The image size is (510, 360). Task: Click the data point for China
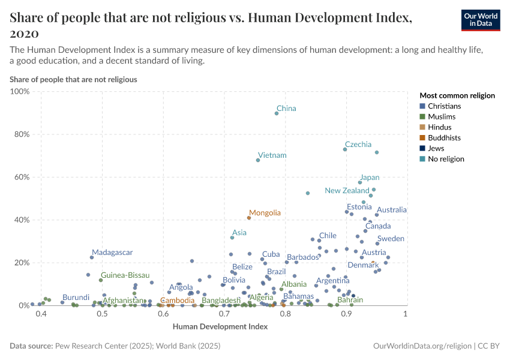[x=277, y=113]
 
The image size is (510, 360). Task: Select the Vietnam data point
[x=258, y=160]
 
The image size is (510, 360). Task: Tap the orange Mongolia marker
[x=249, y=218]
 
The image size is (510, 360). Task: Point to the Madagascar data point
[x=92, y=257]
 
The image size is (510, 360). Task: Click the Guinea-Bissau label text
[x=125, y=275]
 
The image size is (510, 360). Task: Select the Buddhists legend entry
[x=445, y=138]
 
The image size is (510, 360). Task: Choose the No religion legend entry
[x=445, y=159]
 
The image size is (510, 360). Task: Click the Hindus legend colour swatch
[x=423, y=127]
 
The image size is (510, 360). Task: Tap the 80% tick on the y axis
[x=22, y=134]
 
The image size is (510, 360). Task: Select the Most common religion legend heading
[x=457, y=95]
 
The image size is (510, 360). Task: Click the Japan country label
[x=369, y=178]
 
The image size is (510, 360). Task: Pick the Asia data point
[x=232, y=238]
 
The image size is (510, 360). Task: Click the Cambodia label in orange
[x=177, y=300]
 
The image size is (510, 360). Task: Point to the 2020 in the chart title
[x=25, y=33]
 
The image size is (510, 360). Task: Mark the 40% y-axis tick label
[x=22, y=220]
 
